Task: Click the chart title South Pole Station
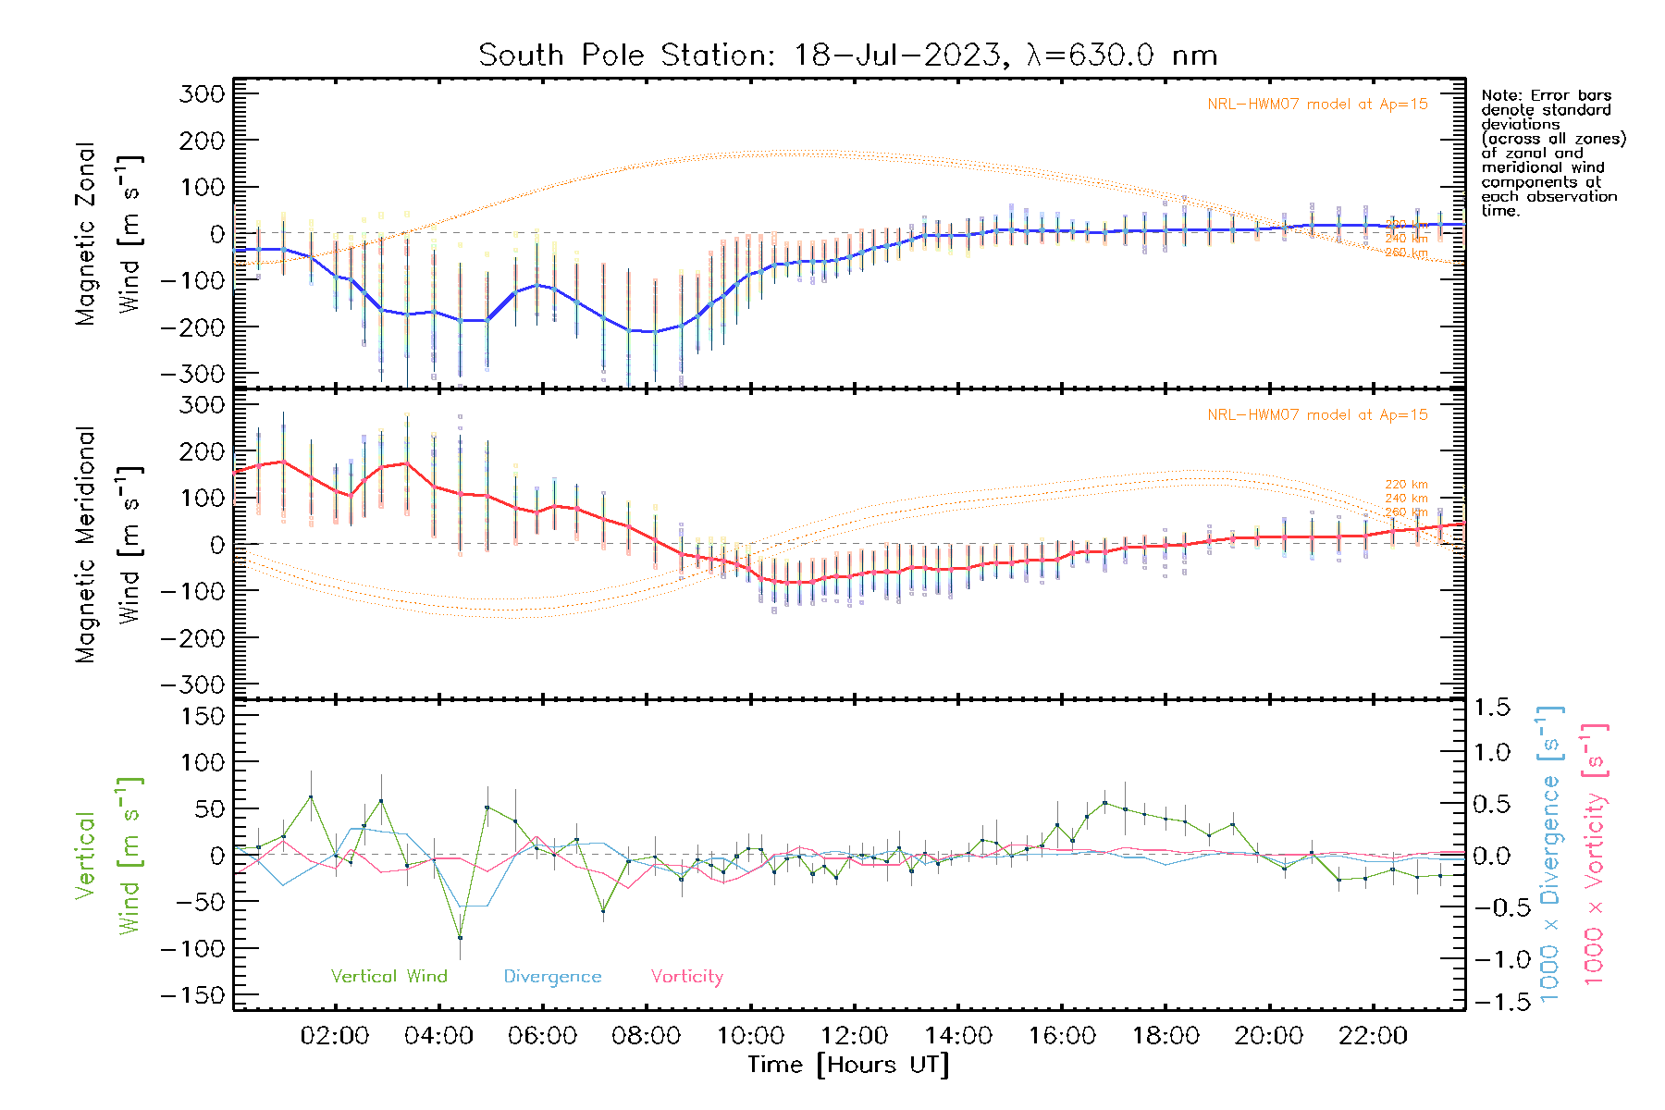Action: pyautogui.click(x=846, y=55)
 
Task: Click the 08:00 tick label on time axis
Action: pyautogui.click(x=646, y=1035)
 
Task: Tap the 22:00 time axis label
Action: pyautogui.click(x=1373, y=1035)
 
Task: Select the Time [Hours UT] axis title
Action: pyautogui.click(x=848, y=1065)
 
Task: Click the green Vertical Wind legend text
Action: pyautogui.click(x=388, y=977)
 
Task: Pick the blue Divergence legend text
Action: pyautogui.click(x=552, y=977)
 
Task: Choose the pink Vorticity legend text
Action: pyautogui.click(x=686, y=977)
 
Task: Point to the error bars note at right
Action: pyautogui.click(x=1552, y=153)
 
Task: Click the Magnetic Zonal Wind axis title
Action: pyautogui.click(x=109, y=233)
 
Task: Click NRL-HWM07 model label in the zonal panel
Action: pyautogui.click(x=1317, y=105)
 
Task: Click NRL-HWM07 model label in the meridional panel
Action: pyautogui.click(x=1317, y=415)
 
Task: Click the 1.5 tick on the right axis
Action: pyautogui.click(x=1491, y=708)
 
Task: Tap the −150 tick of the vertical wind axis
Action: pyautogui.click(x=192, y=995)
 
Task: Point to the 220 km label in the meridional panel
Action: pyautogui.click(x=1406, y=484)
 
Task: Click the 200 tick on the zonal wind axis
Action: pyautogui.click(x=202, y=141)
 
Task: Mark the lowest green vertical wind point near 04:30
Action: pyautogui.click(x=460, y=937)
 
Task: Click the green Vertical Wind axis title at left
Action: pyautogui.click(x=109, y=856)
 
